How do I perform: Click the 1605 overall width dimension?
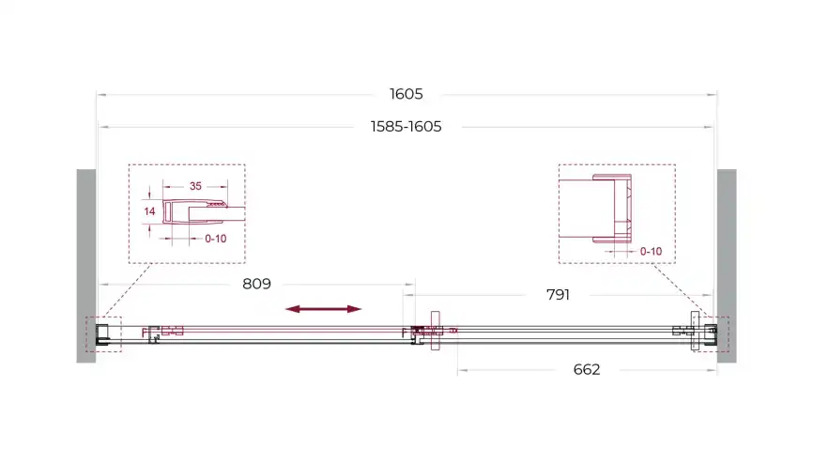click(406, 94)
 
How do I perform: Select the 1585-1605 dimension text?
click(406, 127)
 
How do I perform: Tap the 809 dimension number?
click(256, 284)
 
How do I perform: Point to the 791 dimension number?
click(558, 295)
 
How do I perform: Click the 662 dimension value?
click(587, 369)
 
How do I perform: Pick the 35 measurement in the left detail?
click(195, 186)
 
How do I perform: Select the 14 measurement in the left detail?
click(149, 211)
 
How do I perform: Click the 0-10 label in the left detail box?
click(216, 239)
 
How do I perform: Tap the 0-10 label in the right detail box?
click(651, 252)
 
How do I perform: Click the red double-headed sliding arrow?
click(324, 309)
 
